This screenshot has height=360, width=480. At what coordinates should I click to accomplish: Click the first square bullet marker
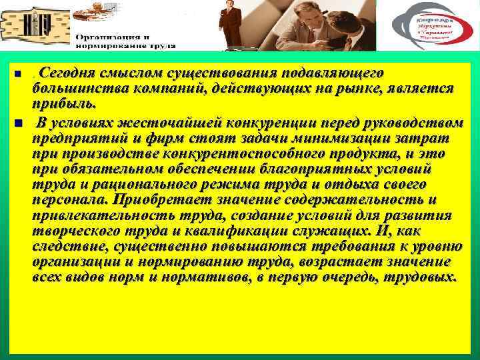coord(17,73)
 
